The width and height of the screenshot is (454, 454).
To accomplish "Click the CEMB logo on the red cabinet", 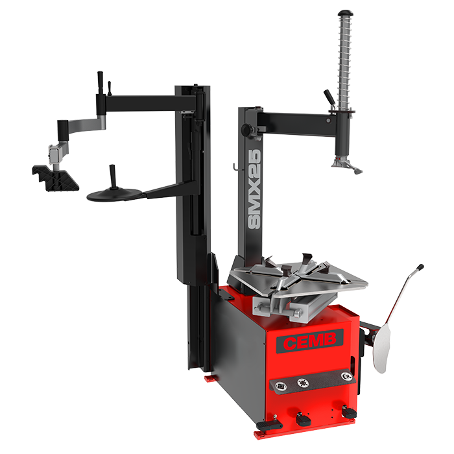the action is click(x=309, y=341).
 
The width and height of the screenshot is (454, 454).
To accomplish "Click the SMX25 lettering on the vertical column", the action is click(x=254, y=189).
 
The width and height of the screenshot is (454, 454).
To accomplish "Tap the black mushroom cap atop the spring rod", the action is click(x=346, y=13).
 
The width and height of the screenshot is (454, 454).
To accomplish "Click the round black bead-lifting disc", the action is click(x=114, y=195).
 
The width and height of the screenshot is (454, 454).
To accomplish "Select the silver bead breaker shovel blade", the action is click(x=381, y=348).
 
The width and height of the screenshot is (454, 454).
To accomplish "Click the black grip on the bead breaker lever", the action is click(x=420, y=267).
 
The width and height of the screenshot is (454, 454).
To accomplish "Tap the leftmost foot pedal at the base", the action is click(x=269, y=425).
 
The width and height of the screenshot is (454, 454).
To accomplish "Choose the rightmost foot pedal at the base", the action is click(x=349, y=411).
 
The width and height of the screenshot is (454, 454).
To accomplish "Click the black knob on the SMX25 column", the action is click(x=247, y=129).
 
